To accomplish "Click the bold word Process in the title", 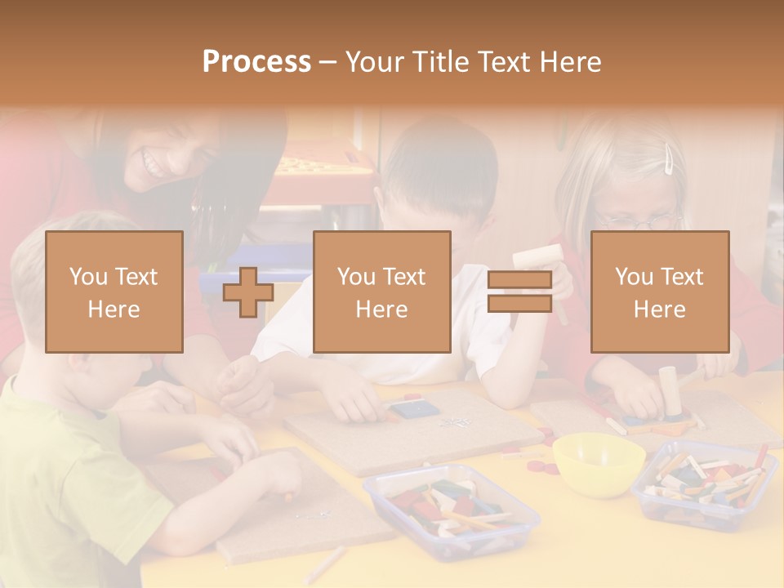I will click(256, 61).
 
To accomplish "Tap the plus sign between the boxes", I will click(248, 292).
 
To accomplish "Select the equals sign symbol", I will click(519, 292).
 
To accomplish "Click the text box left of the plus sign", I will click(114, 292).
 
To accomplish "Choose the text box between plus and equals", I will click(382, 292).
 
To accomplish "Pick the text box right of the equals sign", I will click(660, 292).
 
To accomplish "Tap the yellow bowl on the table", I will click(598, 463).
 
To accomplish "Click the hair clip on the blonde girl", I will click(670, 159).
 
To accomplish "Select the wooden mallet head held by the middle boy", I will click(537, 256).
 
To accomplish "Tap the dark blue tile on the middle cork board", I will click(413, 409).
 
